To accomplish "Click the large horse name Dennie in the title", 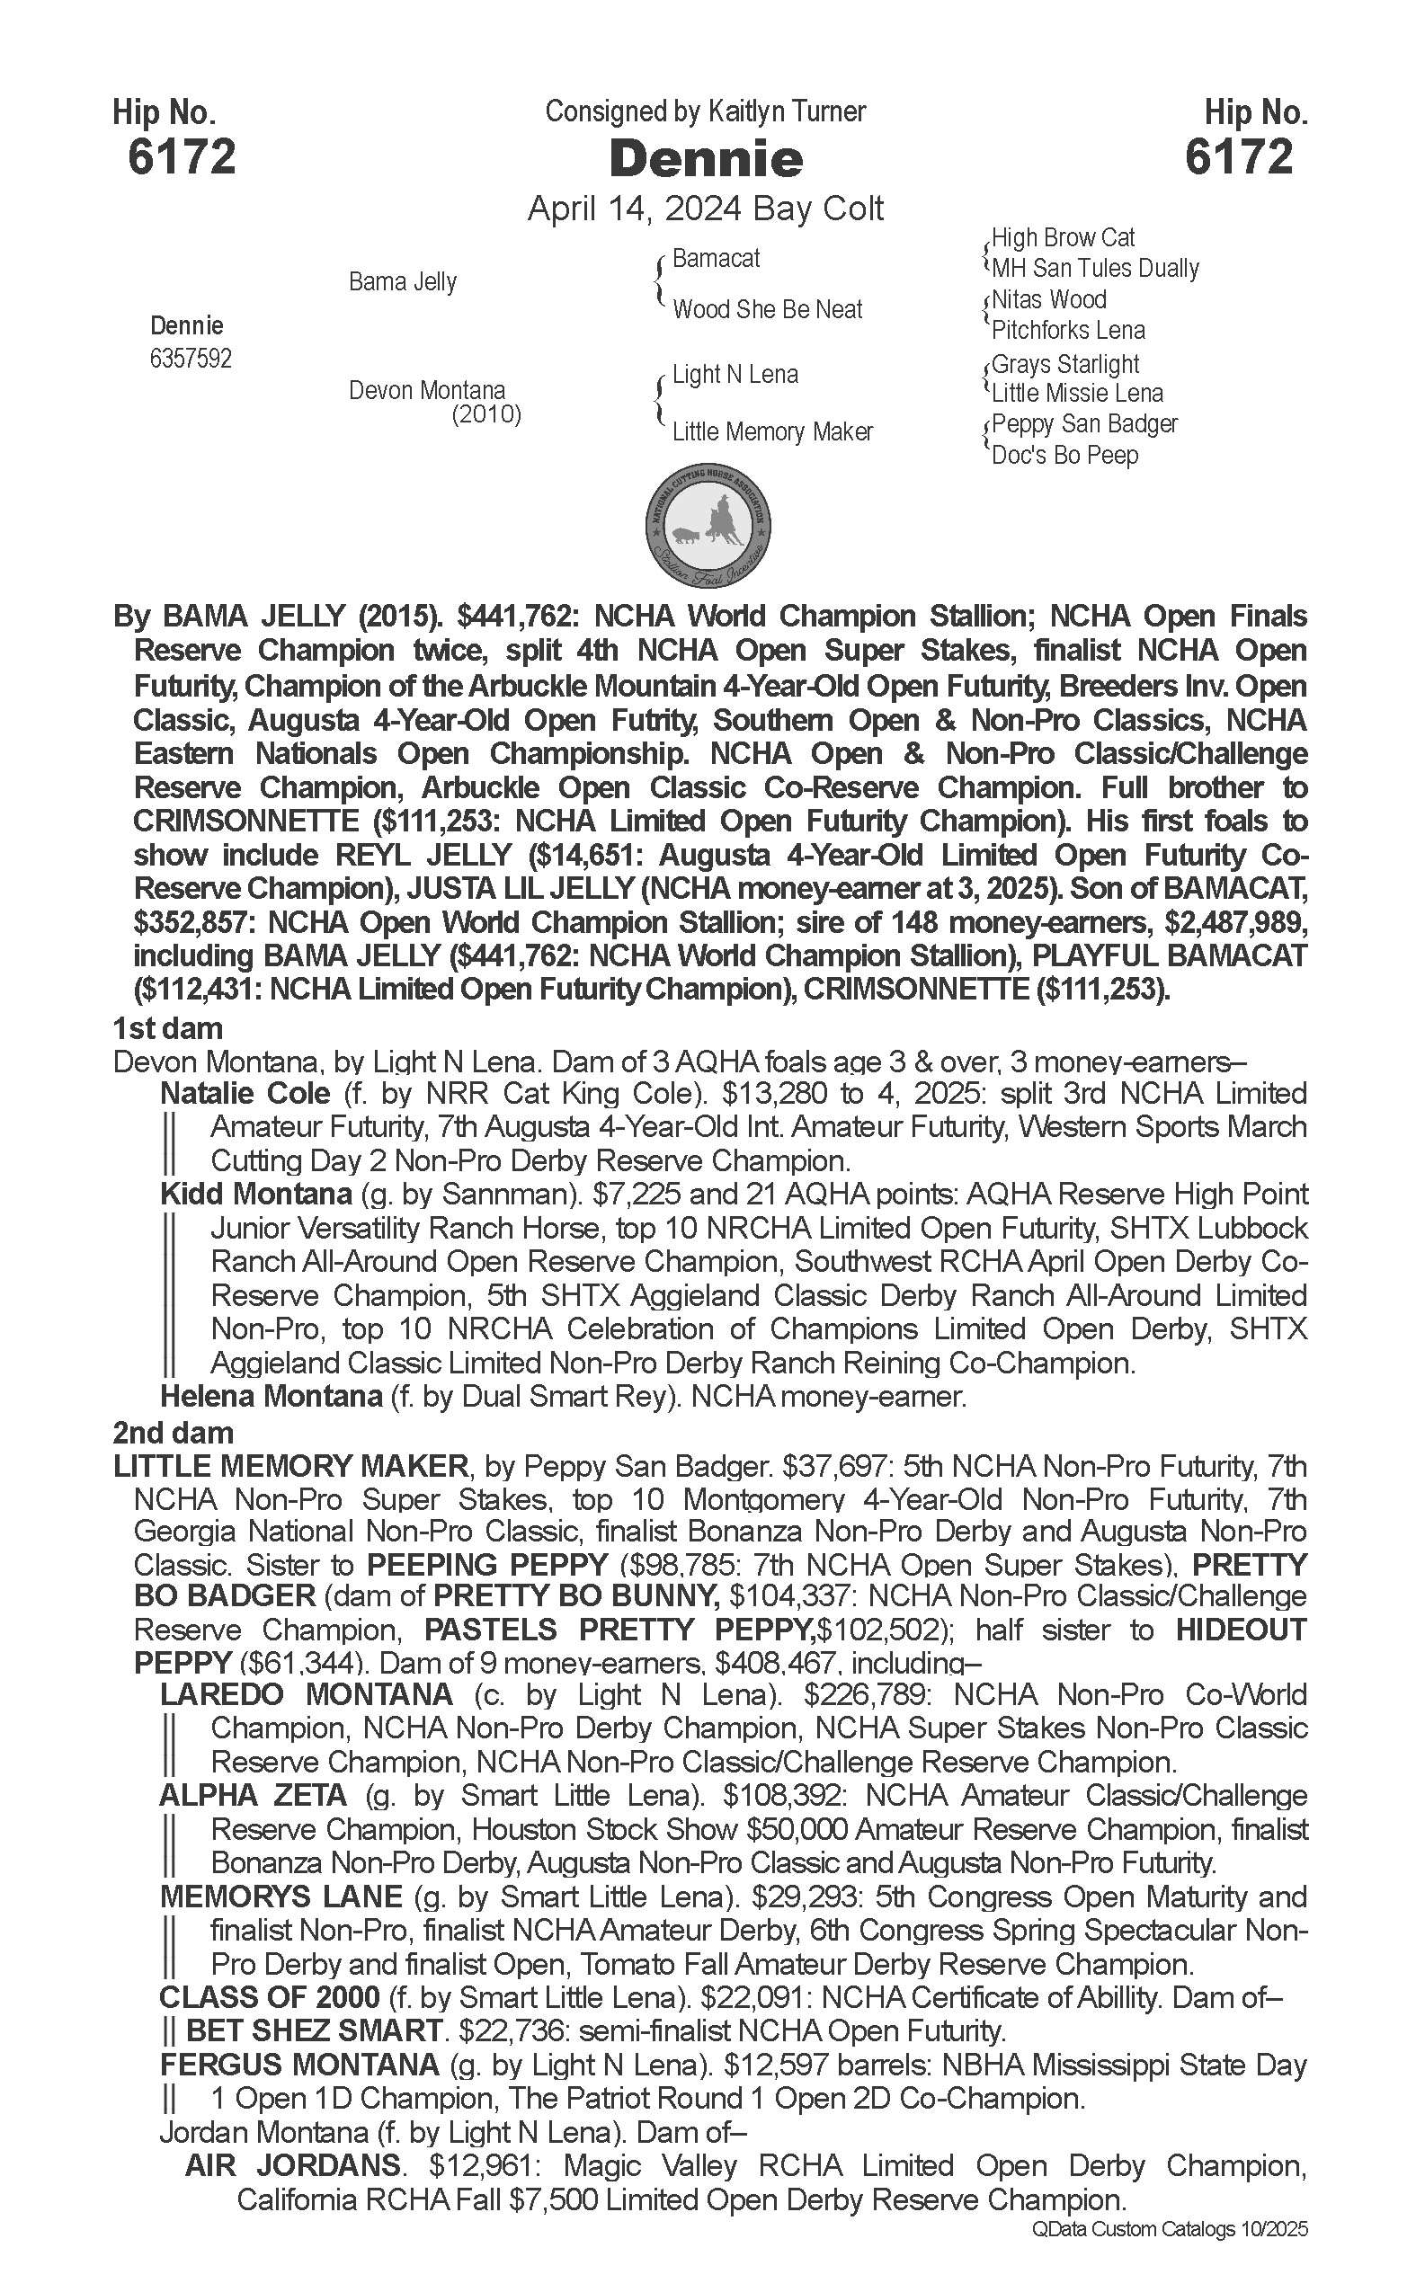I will click(x=706, y=159).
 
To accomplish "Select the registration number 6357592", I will click(x=190, y=360).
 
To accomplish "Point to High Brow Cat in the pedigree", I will click(x=1063, y=238).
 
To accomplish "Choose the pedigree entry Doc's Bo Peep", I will click(x=1064, y=456).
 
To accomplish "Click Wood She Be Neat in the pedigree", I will click(x=767, y=310).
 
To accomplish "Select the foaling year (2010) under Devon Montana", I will click(x=486, y=414).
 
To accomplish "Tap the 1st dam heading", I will click(x=167, y=1029).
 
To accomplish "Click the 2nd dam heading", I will click(x=174, y=1434).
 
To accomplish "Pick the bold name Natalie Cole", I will click(x=245, y=1094).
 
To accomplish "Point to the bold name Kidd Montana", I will click(x=255, y=1195).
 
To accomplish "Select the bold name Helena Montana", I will click(x=271, y=1397).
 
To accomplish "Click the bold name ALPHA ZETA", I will click(x=253, y=1796).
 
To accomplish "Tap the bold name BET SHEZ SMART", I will click(x=314, y=2031).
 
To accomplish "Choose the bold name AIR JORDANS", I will click(x=294, y=2166).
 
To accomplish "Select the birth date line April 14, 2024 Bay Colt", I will click(x=705, y=208).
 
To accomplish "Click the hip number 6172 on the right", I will click(x=1238, y=156).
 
